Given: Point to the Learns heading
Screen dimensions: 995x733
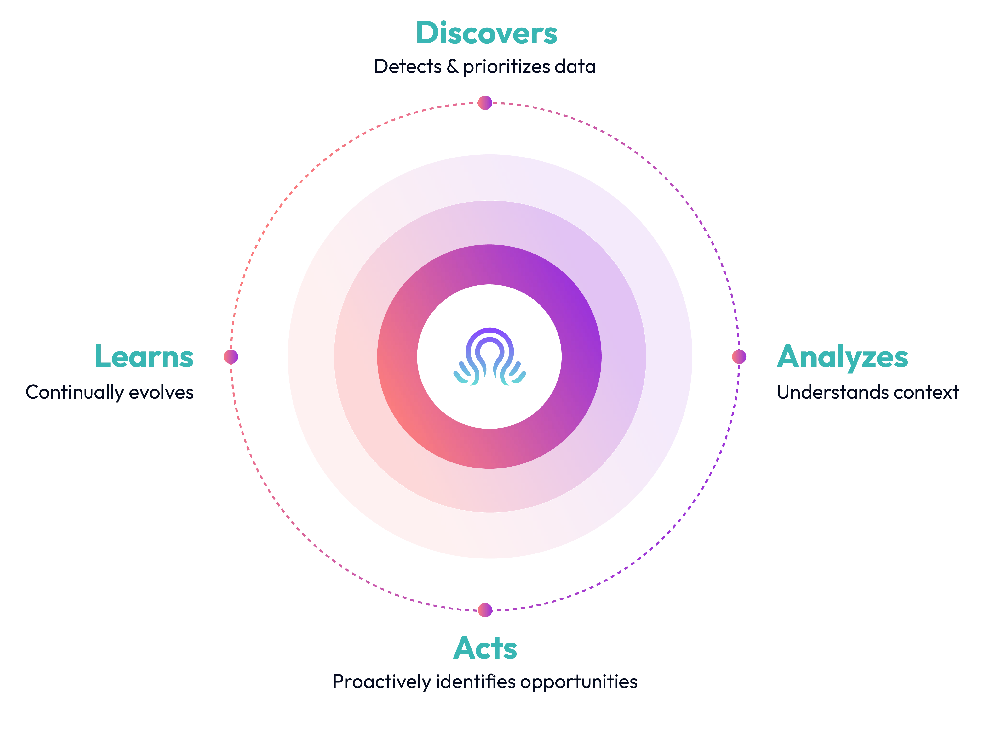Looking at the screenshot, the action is pos(144,356).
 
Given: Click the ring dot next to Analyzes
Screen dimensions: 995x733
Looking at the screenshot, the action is pos(739,356).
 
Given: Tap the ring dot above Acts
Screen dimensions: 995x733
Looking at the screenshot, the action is pos(485,610).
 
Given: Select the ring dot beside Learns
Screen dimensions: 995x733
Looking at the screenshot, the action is pos(231,356).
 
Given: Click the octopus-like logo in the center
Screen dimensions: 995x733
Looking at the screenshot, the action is pos(489,356).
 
